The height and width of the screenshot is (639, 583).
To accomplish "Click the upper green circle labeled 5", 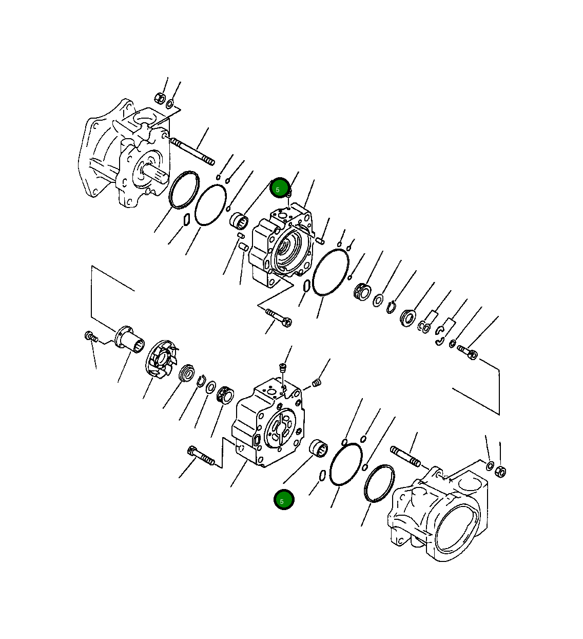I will [x=280, y=189].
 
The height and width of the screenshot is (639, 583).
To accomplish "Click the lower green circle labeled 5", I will [x=284, y=500].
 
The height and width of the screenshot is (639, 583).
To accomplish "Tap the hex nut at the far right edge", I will [x=502, y=470].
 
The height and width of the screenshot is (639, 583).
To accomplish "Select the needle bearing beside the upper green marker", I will [x=239, y=221].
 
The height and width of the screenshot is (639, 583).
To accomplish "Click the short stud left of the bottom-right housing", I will [x=405, y=457].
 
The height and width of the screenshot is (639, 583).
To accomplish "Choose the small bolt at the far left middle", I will [x=91, y=337].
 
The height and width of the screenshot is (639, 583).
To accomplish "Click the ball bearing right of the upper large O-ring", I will [x=363, y=292].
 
